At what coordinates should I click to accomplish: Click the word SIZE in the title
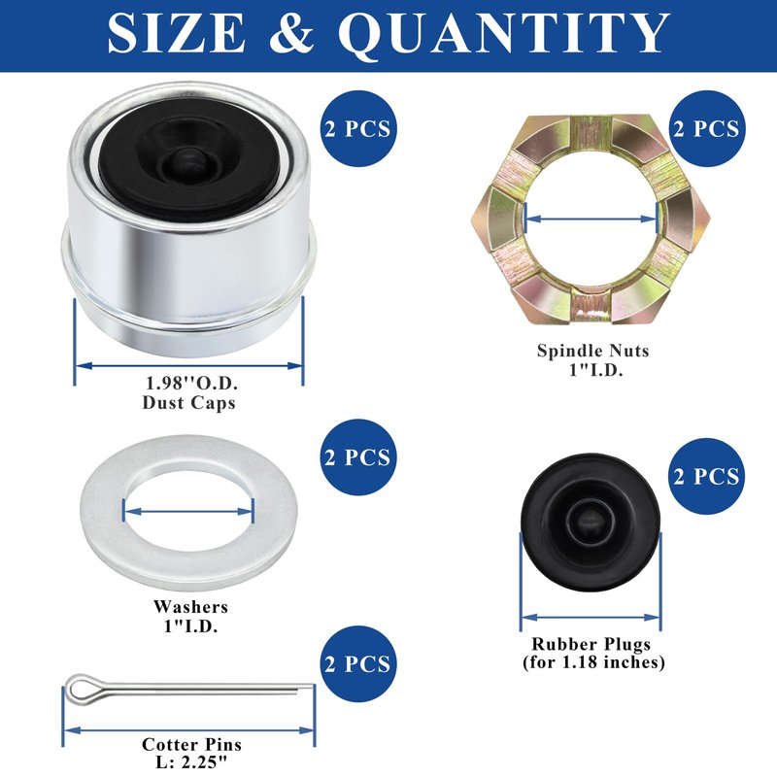(x=177, y=33)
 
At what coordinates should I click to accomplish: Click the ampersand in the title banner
(x=291, y=33)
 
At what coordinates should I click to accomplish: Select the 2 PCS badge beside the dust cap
(x=358, y=128)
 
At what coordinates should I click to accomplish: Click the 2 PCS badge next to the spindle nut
(x=707, y=128)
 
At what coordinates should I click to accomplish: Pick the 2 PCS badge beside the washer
(x=358, y=456)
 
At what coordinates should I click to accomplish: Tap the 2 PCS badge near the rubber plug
(x=707, y=476)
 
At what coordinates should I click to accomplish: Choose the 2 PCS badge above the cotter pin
(x=358, y=664)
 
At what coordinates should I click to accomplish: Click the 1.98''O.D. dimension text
(x=191, y=383)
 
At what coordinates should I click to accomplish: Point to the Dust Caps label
(x=188, y=402)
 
